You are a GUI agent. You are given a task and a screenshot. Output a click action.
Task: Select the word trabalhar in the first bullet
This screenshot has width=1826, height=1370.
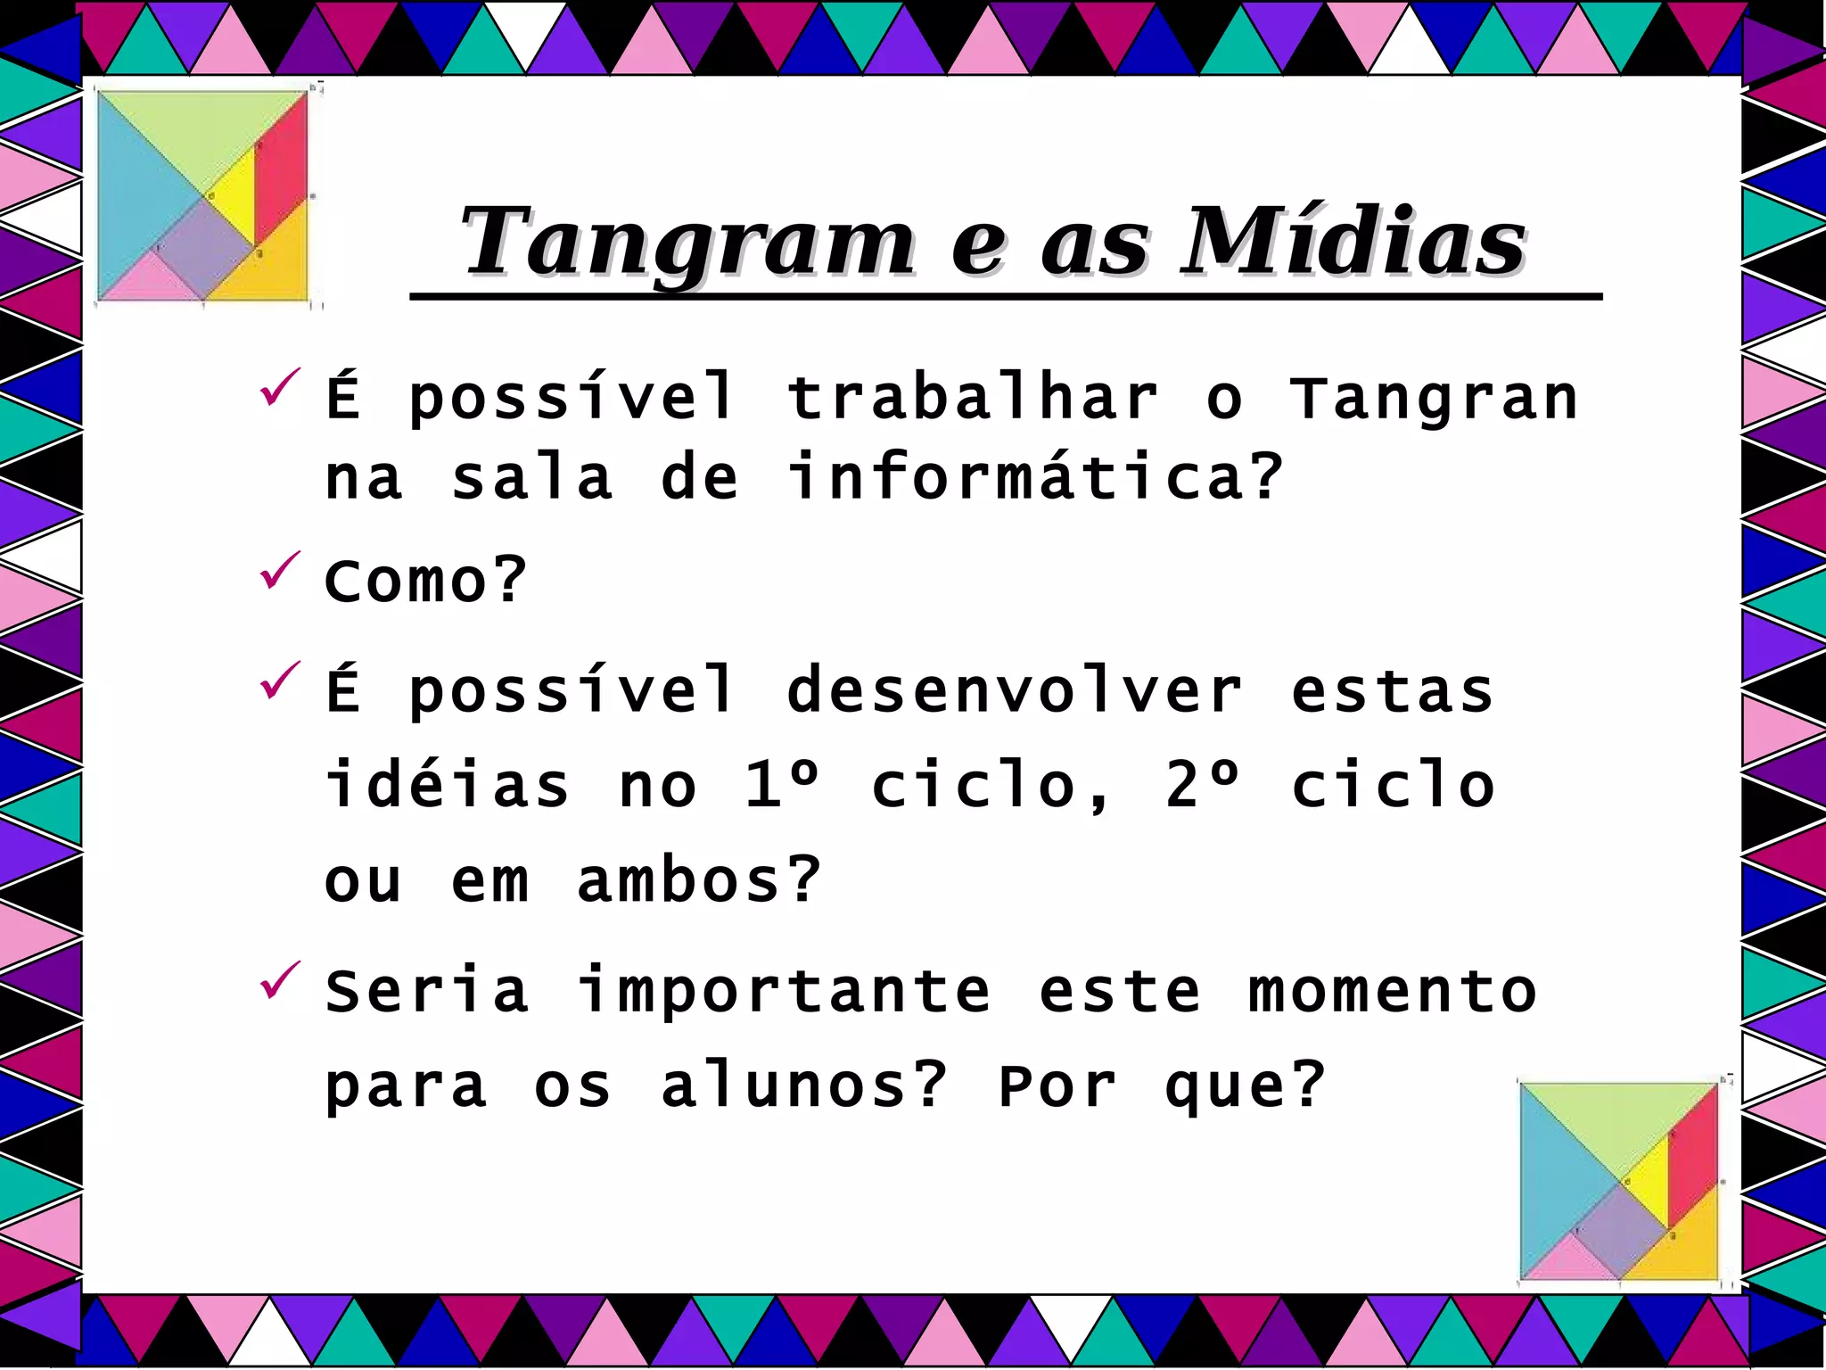pyautogui.click(x=972, y=398)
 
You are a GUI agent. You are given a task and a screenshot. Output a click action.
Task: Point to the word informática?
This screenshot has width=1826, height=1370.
pyautogui.click(x=1034, y=476)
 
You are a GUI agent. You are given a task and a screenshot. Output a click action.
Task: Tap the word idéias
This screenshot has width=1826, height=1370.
pyautogui.click(x=446, y=786)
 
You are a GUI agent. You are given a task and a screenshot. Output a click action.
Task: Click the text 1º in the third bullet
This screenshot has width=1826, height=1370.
pyautogui.click(x=781, y=786)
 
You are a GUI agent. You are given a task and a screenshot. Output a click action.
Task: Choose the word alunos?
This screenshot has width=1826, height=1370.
pyautogui.click(x=802, y=1086)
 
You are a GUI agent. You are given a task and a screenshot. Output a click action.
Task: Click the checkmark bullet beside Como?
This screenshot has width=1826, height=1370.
pyautogui.click(x=279, y=571)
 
